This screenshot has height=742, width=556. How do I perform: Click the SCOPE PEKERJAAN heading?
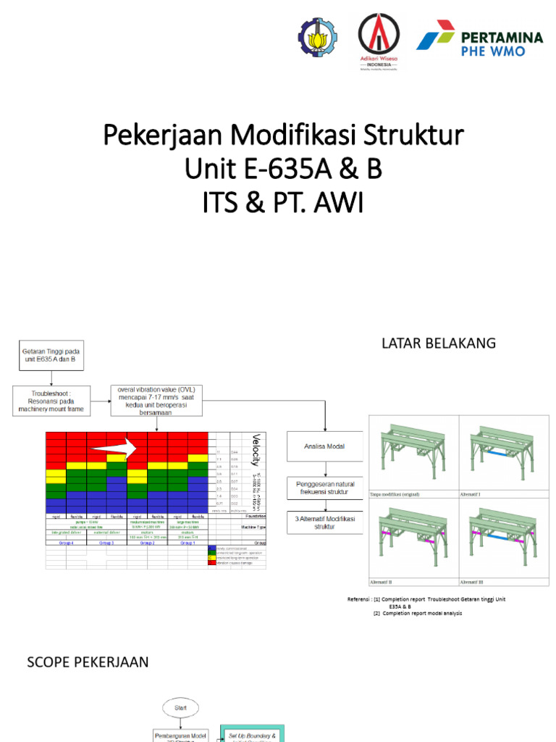coord(88,662)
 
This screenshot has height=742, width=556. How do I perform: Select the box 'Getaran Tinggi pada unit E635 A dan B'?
coord(51,354)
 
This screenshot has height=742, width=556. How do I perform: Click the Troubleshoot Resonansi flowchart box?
coord(51,400)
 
